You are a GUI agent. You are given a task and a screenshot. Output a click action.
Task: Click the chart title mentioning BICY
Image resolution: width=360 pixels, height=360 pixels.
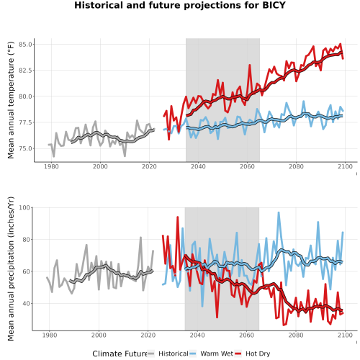click(x=180, y=5)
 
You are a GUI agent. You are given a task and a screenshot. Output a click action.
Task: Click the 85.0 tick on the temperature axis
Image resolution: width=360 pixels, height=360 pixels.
click(x=25, y=45)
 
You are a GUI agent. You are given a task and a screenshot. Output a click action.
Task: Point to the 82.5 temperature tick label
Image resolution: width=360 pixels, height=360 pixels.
click(x=25, y=71)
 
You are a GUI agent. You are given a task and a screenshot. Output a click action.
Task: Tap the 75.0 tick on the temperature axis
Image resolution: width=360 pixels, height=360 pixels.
click(x=25, y=148)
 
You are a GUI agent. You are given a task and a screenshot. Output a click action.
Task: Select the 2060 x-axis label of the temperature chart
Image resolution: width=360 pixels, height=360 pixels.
click(x=247, y=166)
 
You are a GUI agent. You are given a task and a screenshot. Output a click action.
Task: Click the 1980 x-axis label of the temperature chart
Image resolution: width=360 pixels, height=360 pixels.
click(x=51, y=166)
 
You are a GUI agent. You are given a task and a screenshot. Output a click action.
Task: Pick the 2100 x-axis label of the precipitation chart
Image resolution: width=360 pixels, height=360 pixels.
click(x=345, y=335)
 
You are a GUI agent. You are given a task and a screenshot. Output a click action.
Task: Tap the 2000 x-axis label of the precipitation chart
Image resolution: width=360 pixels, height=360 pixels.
click(x=99, y=335)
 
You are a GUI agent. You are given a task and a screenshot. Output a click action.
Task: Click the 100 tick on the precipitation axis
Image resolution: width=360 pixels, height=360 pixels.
click(x=24, y=207)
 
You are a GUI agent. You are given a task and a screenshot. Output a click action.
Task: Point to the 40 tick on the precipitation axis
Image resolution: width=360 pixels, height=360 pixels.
click(x=26, y=304)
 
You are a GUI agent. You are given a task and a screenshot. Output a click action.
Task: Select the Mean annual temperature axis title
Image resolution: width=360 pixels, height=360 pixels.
click(x=11, y=100)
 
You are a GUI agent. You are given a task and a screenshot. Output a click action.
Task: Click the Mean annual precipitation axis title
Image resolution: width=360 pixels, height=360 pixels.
click(x=11, y=269)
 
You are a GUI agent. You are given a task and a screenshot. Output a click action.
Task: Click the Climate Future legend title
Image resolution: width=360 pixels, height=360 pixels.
click(x=120, y=354)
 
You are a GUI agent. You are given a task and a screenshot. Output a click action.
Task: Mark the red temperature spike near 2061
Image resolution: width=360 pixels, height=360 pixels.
click(x=250, y=65)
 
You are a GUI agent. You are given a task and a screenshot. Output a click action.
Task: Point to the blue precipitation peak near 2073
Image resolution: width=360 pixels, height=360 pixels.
click(x=279, y=212)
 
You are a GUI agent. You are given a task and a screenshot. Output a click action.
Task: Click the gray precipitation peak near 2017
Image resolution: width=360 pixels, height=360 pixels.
click(x=140, y=238)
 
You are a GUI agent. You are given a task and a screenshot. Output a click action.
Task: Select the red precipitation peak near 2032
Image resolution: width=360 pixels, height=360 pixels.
click(x=178, y=217)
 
